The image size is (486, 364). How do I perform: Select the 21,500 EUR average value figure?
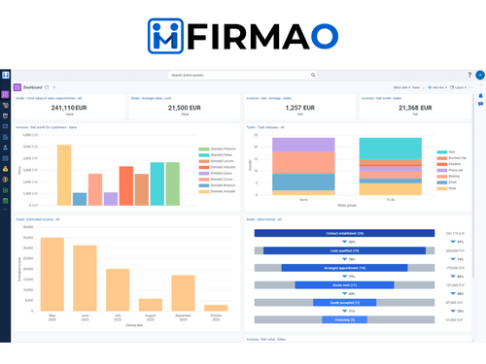185,108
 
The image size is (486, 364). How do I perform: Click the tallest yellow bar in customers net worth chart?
64,175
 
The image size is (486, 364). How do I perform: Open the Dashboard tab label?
33,86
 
